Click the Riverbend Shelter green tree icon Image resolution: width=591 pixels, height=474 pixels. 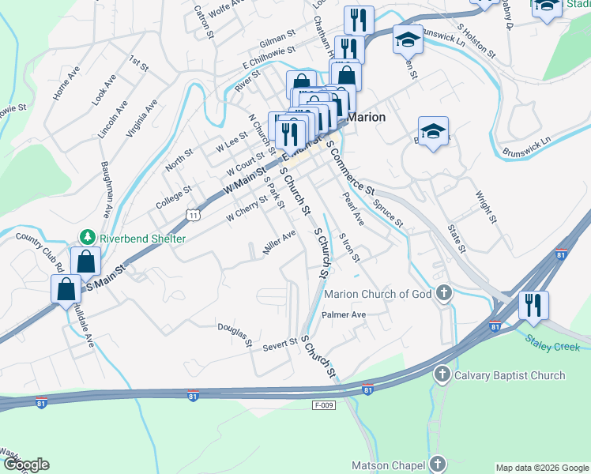(x=88, y=238)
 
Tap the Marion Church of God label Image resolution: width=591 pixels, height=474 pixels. (x=378, y=295)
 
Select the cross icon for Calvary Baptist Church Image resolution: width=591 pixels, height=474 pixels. (x=442, y=375)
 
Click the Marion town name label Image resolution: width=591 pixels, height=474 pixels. (x=367, y=117)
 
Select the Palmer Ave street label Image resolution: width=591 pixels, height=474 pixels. (x=344, y=314)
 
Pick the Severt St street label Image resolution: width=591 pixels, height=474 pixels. (x=279, y=345)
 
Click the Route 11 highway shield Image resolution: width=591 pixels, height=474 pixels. (x=193, y=213)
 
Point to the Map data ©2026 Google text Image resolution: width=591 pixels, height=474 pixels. (x=541, y=468)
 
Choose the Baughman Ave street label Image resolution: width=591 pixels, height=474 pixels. (x=104, y=190)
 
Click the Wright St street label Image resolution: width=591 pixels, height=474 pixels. (x=486, y=206)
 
